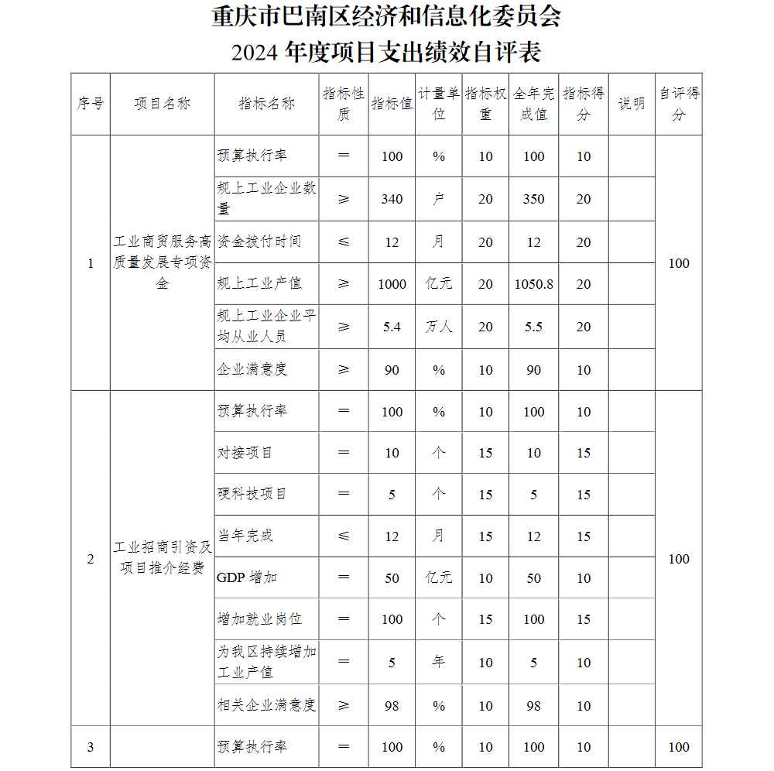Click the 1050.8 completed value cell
click(533, 284)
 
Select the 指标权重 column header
click(485, 104)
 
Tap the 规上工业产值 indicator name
click(259, 284)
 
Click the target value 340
click(392, 199)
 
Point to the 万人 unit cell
click(439, 327)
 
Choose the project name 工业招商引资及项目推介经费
click(163, 558)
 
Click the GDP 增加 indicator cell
click(247, 577)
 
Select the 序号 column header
click(91, 104)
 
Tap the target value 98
click(392, 706)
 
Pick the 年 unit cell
click(439, 663)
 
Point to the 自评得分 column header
click(679, 104)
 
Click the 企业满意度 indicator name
click(252, 370)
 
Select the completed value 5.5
click(533, 327)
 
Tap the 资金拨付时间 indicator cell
click(259, 242)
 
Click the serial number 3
click(91, 747)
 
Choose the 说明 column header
click(632, 104)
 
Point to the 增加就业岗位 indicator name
click(259, 619)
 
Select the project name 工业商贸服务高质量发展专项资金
click(163, 262)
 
